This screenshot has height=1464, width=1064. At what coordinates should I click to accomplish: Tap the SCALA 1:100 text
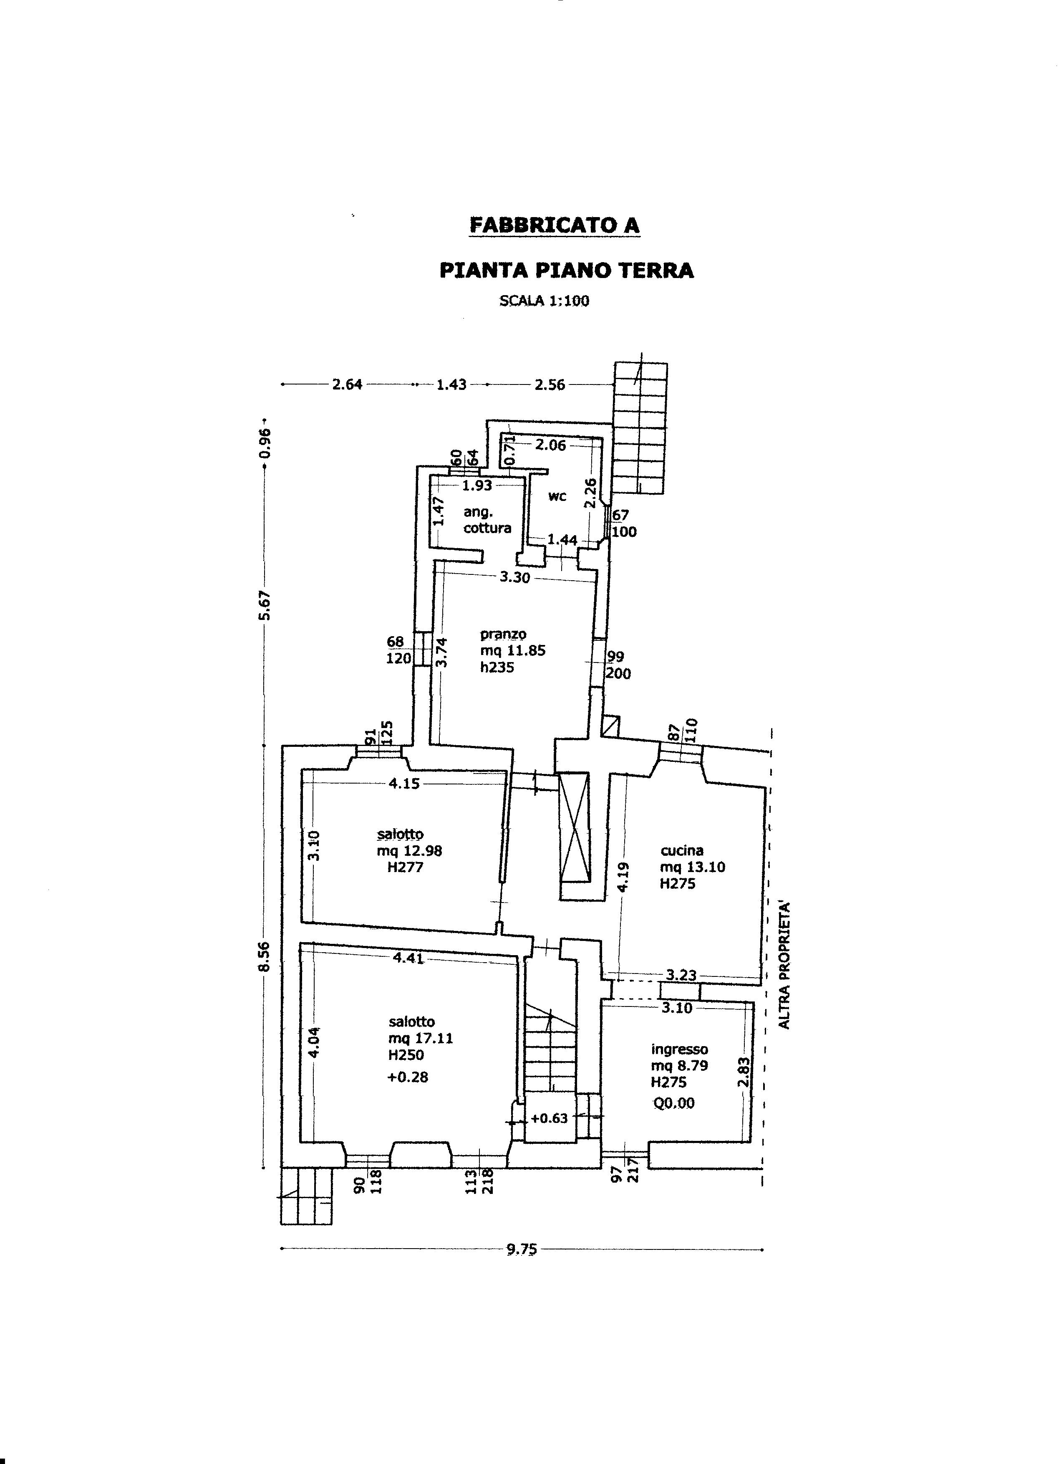[544, 301]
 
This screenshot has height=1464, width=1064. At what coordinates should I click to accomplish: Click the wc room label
[557, 496]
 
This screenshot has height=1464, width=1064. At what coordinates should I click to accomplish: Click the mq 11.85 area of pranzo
[512, 651]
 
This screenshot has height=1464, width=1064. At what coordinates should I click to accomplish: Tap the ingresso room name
[679, 1049]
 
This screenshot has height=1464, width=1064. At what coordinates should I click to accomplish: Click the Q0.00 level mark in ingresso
[673, 1103]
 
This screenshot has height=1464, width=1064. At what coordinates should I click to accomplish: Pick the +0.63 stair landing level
[549, 1118]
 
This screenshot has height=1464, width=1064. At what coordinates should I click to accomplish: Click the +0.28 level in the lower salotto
[407, 1077]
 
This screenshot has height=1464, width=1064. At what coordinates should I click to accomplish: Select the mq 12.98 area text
[410, 851]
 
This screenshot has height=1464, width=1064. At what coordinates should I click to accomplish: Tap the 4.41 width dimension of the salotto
[408, 958]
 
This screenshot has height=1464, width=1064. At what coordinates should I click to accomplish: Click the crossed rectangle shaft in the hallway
[574, 827]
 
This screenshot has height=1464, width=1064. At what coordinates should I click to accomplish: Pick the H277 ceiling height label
[405, 867]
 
